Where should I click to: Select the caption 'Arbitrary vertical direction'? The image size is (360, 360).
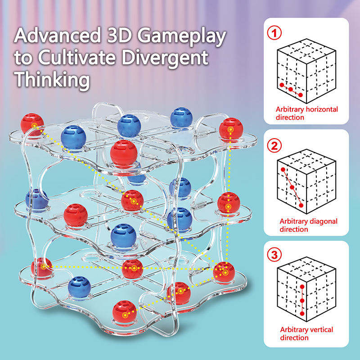click(306, 333)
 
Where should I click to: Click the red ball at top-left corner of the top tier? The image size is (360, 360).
click(32, 124)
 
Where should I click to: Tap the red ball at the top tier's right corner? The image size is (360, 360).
click(231, 129)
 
